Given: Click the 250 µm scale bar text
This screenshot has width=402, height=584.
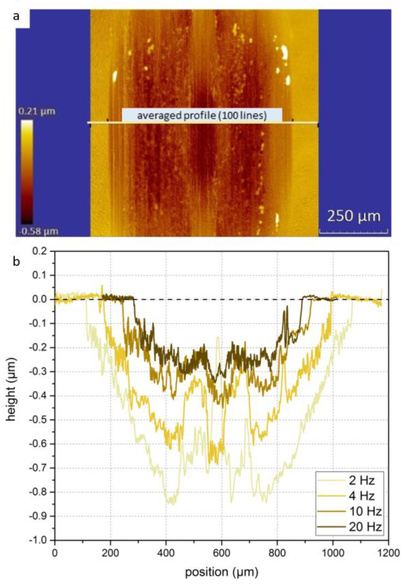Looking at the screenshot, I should coord(354,216).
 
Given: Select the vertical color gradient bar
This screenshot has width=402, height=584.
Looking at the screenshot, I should coord(27,172).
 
